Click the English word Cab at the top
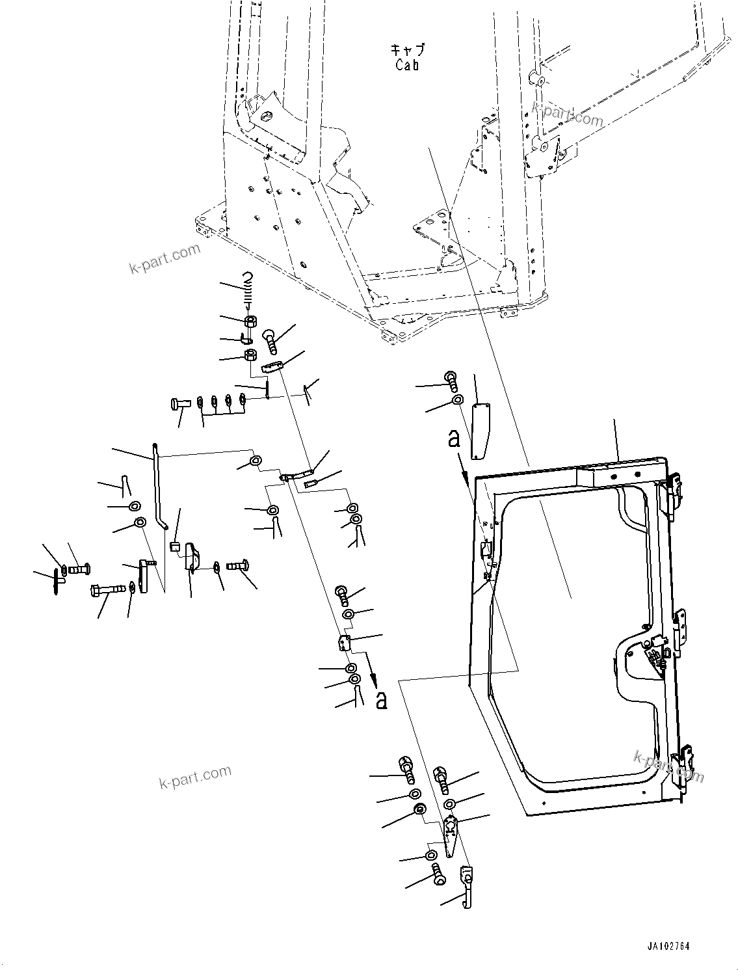[407, 65]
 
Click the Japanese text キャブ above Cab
[407, 50]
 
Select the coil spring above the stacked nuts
[247, 290]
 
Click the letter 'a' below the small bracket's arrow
[381, 700]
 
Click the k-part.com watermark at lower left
[195, 776]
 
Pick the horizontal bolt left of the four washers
[179, 403]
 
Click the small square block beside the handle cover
[174, 546]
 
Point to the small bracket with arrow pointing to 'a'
[345, 643]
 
